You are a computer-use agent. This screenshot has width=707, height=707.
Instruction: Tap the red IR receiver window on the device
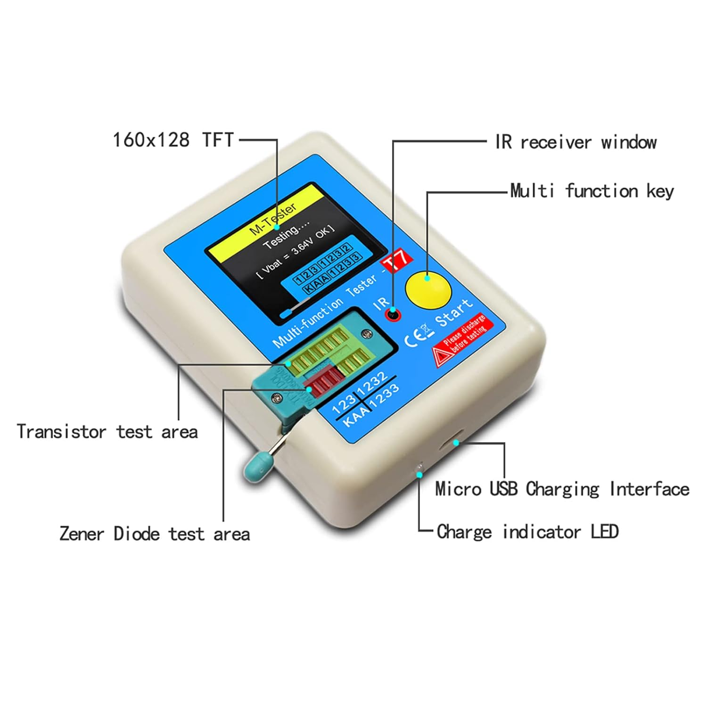coord(393,314)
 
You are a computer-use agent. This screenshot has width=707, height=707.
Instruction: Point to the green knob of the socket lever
coord(255,467)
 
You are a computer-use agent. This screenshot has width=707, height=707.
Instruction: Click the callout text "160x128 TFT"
coord(173,140)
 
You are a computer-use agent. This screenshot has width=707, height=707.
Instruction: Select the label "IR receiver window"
coord(575,142)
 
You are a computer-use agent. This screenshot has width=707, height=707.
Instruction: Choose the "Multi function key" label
coord(592,191)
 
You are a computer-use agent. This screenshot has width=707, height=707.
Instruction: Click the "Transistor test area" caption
coord(107,432)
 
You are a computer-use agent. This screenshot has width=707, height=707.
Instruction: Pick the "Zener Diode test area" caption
coord(155,534)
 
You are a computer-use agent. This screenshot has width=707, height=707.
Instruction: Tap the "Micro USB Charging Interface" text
coord(562,489)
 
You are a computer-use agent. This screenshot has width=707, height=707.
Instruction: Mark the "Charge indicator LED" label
coord(527,532)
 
